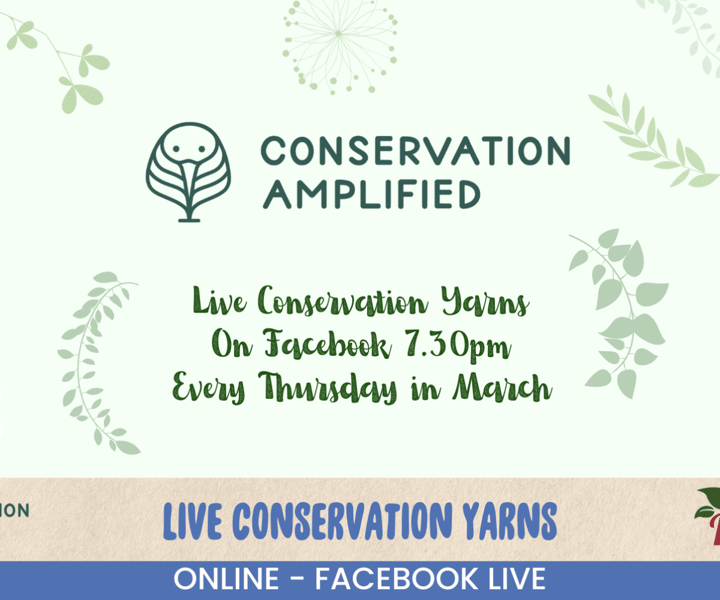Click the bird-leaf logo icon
tap(188, 172)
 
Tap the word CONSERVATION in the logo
tap(416, 151)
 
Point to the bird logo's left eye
tap(176, 149)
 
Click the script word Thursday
tap(327, 388)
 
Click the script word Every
tap(209, 388)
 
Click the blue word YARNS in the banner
tap(509, 521)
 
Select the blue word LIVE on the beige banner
tap(192, 521)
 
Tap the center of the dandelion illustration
tap(338, 34)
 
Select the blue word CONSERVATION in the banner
tap(342, 521)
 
